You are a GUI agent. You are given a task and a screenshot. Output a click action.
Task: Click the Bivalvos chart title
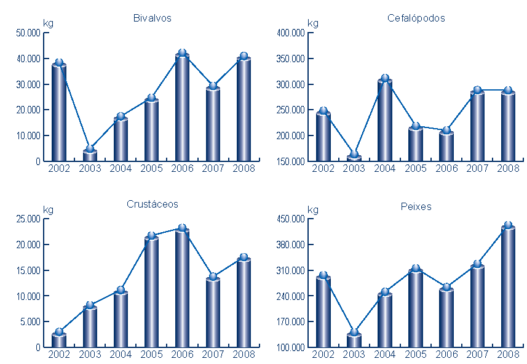click(x=152, y=18)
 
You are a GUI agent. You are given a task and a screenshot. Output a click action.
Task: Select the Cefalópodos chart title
click(x=416, y=18)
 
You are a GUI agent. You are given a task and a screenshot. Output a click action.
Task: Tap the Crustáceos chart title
click(x=152, y=204)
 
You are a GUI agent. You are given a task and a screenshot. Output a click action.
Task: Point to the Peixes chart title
click(x=416, y=206)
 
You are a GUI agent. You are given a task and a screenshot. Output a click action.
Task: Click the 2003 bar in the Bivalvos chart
click(x=90, y=155)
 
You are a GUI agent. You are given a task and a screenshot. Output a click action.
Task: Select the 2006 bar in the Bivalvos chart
click(x=182, y=108)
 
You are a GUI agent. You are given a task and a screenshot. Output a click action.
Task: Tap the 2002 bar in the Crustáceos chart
click(x=59, y=340)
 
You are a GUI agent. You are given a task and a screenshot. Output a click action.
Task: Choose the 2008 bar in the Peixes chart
click(x=508, y=287)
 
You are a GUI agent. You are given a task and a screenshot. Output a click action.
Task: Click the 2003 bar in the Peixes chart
click(x=354, y=341)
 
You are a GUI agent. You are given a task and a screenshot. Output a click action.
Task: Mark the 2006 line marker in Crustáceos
click(x=182, y=228)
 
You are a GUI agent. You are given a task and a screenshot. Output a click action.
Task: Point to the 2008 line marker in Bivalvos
click(x=244, y=56)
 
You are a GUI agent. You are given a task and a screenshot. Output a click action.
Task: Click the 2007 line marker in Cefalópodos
click(x=477, y=91)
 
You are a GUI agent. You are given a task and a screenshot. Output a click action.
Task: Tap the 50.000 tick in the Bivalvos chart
click(x=29, y=33)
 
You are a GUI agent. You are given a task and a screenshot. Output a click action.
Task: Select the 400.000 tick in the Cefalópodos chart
click(x=293, y=33)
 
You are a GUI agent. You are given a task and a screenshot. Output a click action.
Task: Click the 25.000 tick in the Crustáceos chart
click(x=29, y=219)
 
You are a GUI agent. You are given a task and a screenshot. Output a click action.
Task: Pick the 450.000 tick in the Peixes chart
click(x=293, y=219)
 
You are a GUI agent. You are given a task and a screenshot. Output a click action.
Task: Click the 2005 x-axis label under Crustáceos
click(x=151, y=354)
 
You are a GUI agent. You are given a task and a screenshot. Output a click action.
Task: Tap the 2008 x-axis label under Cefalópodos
click(x=508, y=168)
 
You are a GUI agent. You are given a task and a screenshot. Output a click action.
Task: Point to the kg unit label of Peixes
click(x=312, y=209)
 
